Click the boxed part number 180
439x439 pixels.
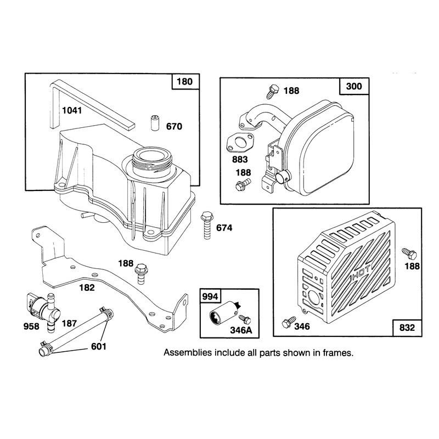pyautogui.click(x=185, y=82)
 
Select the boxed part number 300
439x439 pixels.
pyautogui.click(x=354, y=86)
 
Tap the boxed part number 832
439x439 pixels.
pyautogui.click(x=407, y=328)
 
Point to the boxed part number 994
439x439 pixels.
pyautogui.click(x=210, y=296)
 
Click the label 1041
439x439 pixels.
pyautogui.click(x=72, y=111)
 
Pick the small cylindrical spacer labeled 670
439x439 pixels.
pyautogui.click(x=155, y=122)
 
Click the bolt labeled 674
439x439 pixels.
pyautogui.click(x=207, y=226)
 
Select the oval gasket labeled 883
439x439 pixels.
pyautogui.click(x=240, y=143)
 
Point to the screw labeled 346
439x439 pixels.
pyautogui.click(x=289, y=323)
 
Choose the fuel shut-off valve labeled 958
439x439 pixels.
pyautogui.click(x=43, y=311)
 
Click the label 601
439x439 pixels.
pyautogui.click(x=99, y=347)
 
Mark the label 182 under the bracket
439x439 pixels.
pyautogui.click(x=87, y=288)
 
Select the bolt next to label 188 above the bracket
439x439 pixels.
pyautogui.click(x=141, y=273)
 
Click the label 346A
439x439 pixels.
pyautogui.click(x=241, y=330)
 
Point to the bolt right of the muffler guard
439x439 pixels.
pyautogui.click(x=409, y=254)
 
